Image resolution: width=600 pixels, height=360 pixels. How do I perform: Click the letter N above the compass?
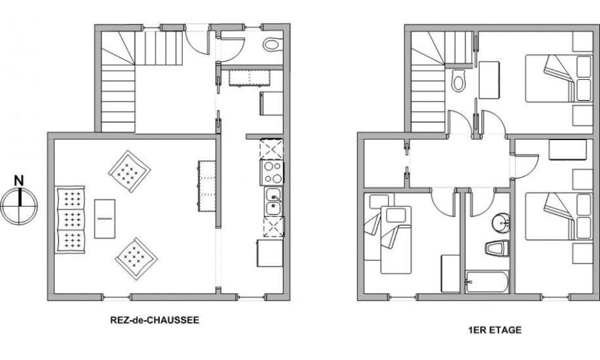click(19, 181)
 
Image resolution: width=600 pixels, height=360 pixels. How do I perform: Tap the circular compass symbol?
click(19, 206)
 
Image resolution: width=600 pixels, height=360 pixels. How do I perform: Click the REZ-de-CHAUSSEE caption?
click(155, 320)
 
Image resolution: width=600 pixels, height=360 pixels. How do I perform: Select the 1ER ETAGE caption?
click(495, 330)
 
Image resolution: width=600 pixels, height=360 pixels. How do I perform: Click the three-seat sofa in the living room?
click(70, 220)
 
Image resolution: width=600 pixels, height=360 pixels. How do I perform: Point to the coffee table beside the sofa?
click(105, 219)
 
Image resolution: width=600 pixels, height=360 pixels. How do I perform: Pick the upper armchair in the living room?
click(129, 171)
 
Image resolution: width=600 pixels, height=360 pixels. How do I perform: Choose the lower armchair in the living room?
click(136, 259)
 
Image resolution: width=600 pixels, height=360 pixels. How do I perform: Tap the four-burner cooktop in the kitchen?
click(272, 173)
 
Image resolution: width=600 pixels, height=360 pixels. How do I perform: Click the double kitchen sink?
click(273, 202)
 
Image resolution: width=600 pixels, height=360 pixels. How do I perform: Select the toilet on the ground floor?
click(272, 45)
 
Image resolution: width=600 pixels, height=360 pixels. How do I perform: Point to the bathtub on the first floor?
click(487, 282)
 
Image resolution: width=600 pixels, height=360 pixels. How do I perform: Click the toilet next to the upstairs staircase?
click(458, 81)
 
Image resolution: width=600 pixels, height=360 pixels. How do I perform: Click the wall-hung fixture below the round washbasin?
click(497, 249)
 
